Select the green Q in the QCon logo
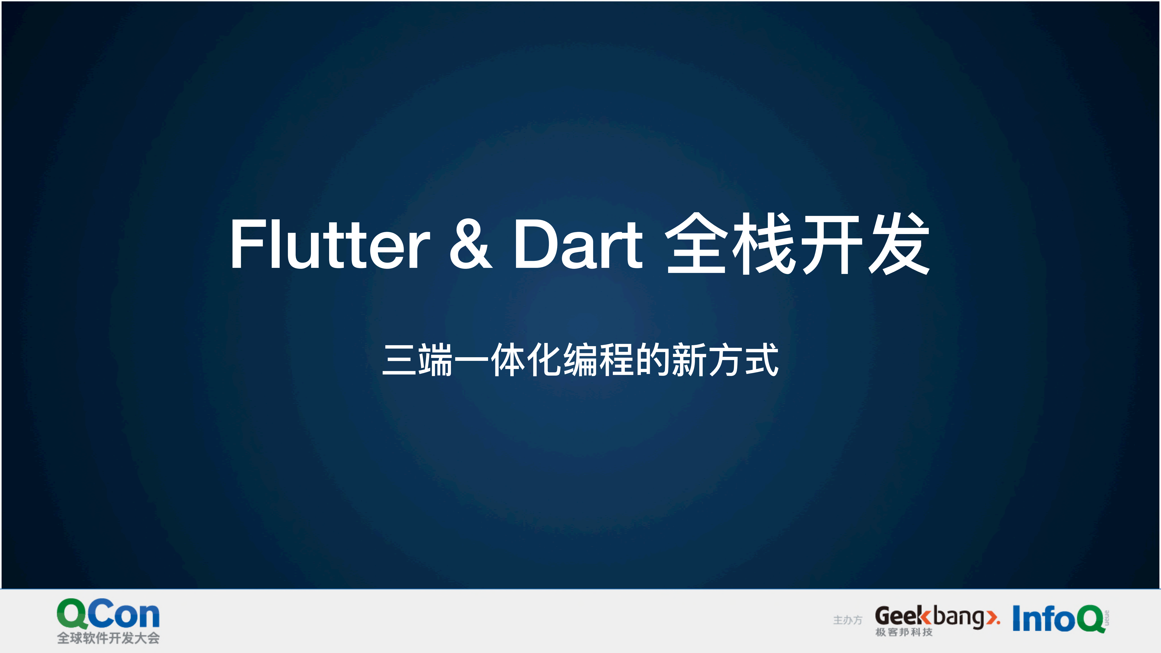coord(72,614)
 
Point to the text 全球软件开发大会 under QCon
coord(108,638)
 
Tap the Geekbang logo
coord(936,616)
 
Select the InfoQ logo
coord(1059,619)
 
